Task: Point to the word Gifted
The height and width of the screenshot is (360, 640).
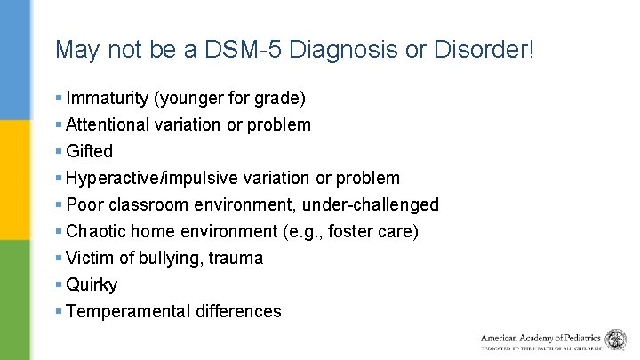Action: pyautogui.click(x=89, y=151)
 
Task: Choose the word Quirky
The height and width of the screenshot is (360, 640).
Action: pyautogui.click(x=92, y=284)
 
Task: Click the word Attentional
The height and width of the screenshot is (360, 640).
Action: pyautogui.click(x=108, y=124)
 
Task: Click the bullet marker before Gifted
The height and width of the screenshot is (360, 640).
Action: pyautogui.click(x=58, y=151)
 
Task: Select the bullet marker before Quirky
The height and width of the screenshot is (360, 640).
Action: pyautogui.click(x=58, y=284)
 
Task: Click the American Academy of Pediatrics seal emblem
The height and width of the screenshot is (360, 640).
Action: pyautogui.click(x=615, y=340)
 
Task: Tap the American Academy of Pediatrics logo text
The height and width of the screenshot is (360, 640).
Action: pyautogui.click(x=541, y=339)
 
